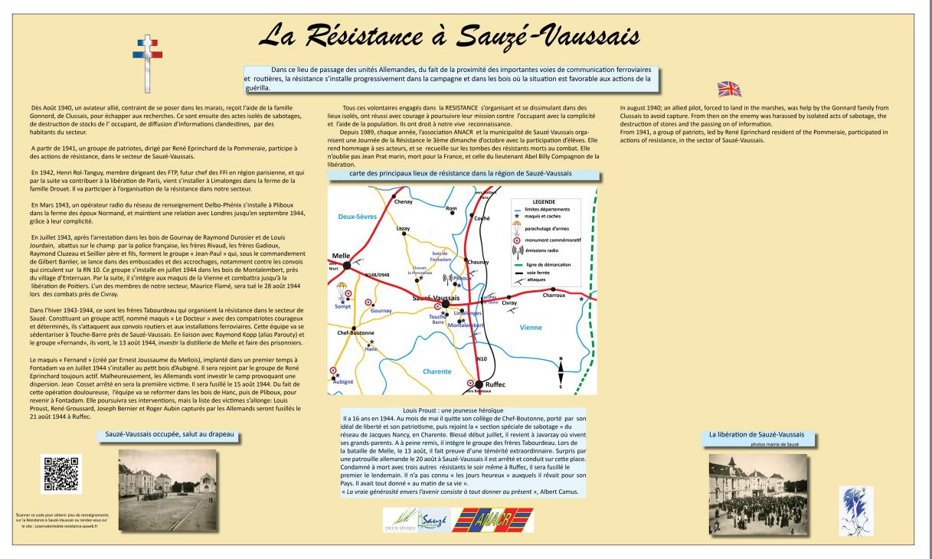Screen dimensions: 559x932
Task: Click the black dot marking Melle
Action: pyautogui.click(x=347, y=265)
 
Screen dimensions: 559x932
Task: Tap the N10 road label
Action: pyautogui.click(x=482, y=358)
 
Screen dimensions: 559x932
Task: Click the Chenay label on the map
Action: pyautogui.click(x=403, y=201)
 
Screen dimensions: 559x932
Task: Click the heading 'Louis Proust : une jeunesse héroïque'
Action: pyautogui.click(x=455, y=411)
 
